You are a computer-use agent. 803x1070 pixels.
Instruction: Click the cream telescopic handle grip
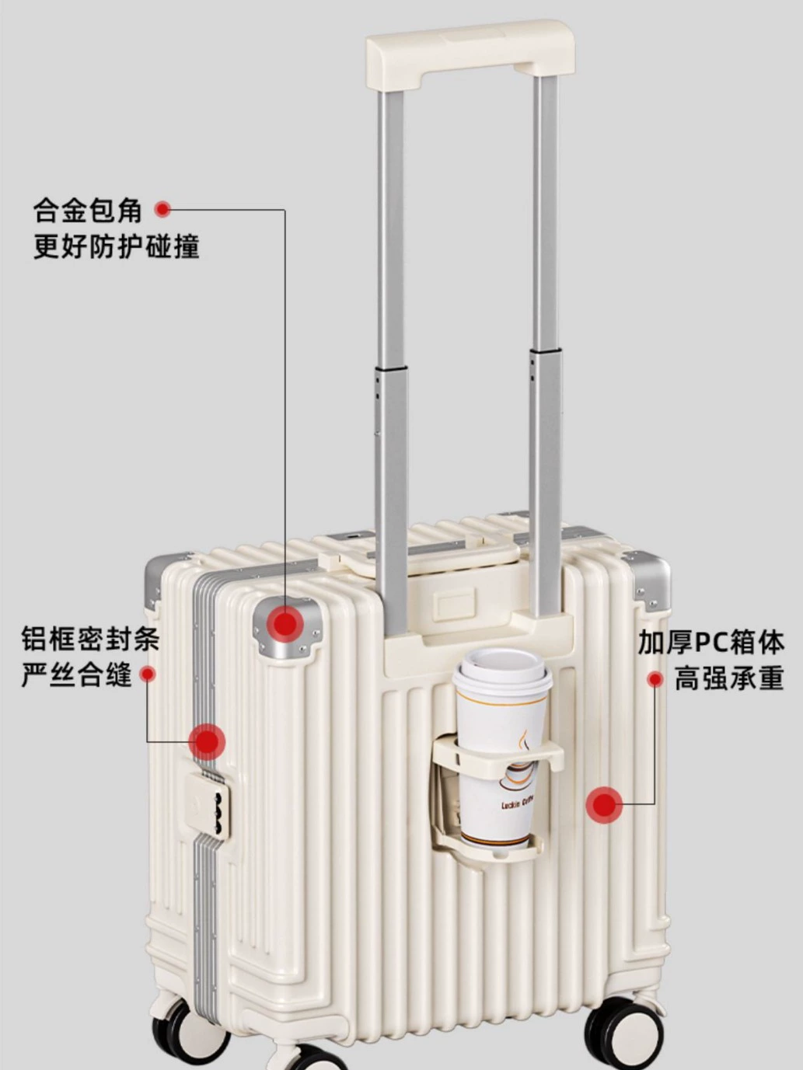pyautogui.click(x=470, y=54)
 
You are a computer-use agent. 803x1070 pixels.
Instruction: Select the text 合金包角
pyautogui.click(x=87, y=211)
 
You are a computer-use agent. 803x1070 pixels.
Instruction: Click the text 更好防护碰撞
pyautogui.click(x=116, y=246)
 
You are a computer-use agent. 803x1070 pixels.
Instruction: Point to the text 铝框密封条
pyautogui.click(x=90, y=639)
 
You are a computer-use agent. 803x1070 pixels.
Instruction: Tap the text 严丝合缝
pyautogui.click(x=76, y=674)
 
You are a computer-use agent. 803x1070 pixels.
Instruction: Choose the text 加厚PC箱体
pyautogui.click(x=711, y=642)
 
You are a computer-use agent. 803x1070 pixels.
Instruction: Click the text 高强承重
pyautogui.click(x=729, y=678)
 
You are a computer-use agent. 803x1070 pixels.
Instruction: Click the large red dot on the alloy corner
pyautogui.click(x=286, y=625)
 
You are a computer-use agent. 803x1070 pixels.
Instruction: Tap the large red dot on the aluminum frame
pyautogui.click(x=208, y=742)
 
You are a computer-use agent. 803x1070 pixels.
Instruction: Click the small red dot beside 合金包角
pyautogui.click(x=162, y=210)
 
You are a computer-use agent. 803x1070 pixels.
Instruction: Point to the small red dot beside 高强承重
pyautogui.click(x=655, y=679)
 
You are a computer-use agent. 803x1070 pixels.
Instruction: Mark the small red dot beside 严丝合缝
pyautogui.click(x=147, y=674)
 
